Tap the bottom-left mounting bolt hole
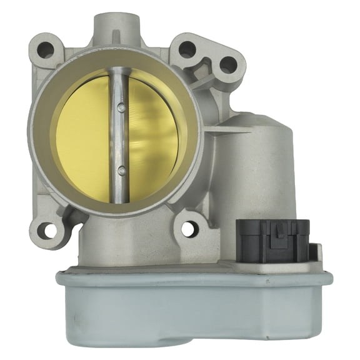click(47, 231)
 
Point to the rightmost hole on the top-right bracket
click(228, 64)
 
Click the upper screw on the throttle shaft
click(121, 108)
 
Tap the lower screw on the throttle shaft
click(122, 169)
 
